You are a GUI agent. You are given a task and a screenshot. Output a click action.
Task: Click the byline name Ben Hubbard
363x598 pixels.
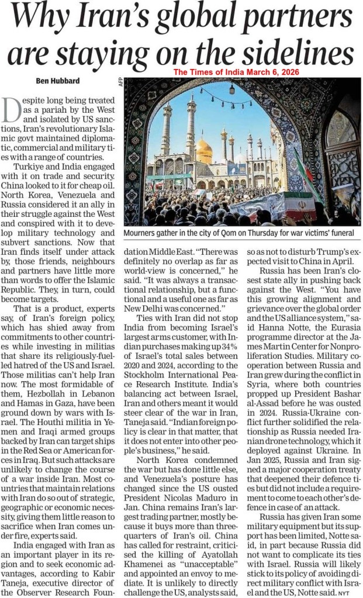47,80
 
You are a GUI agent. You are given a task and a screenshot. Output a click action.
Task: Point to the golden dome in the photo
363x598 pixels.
204,150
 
